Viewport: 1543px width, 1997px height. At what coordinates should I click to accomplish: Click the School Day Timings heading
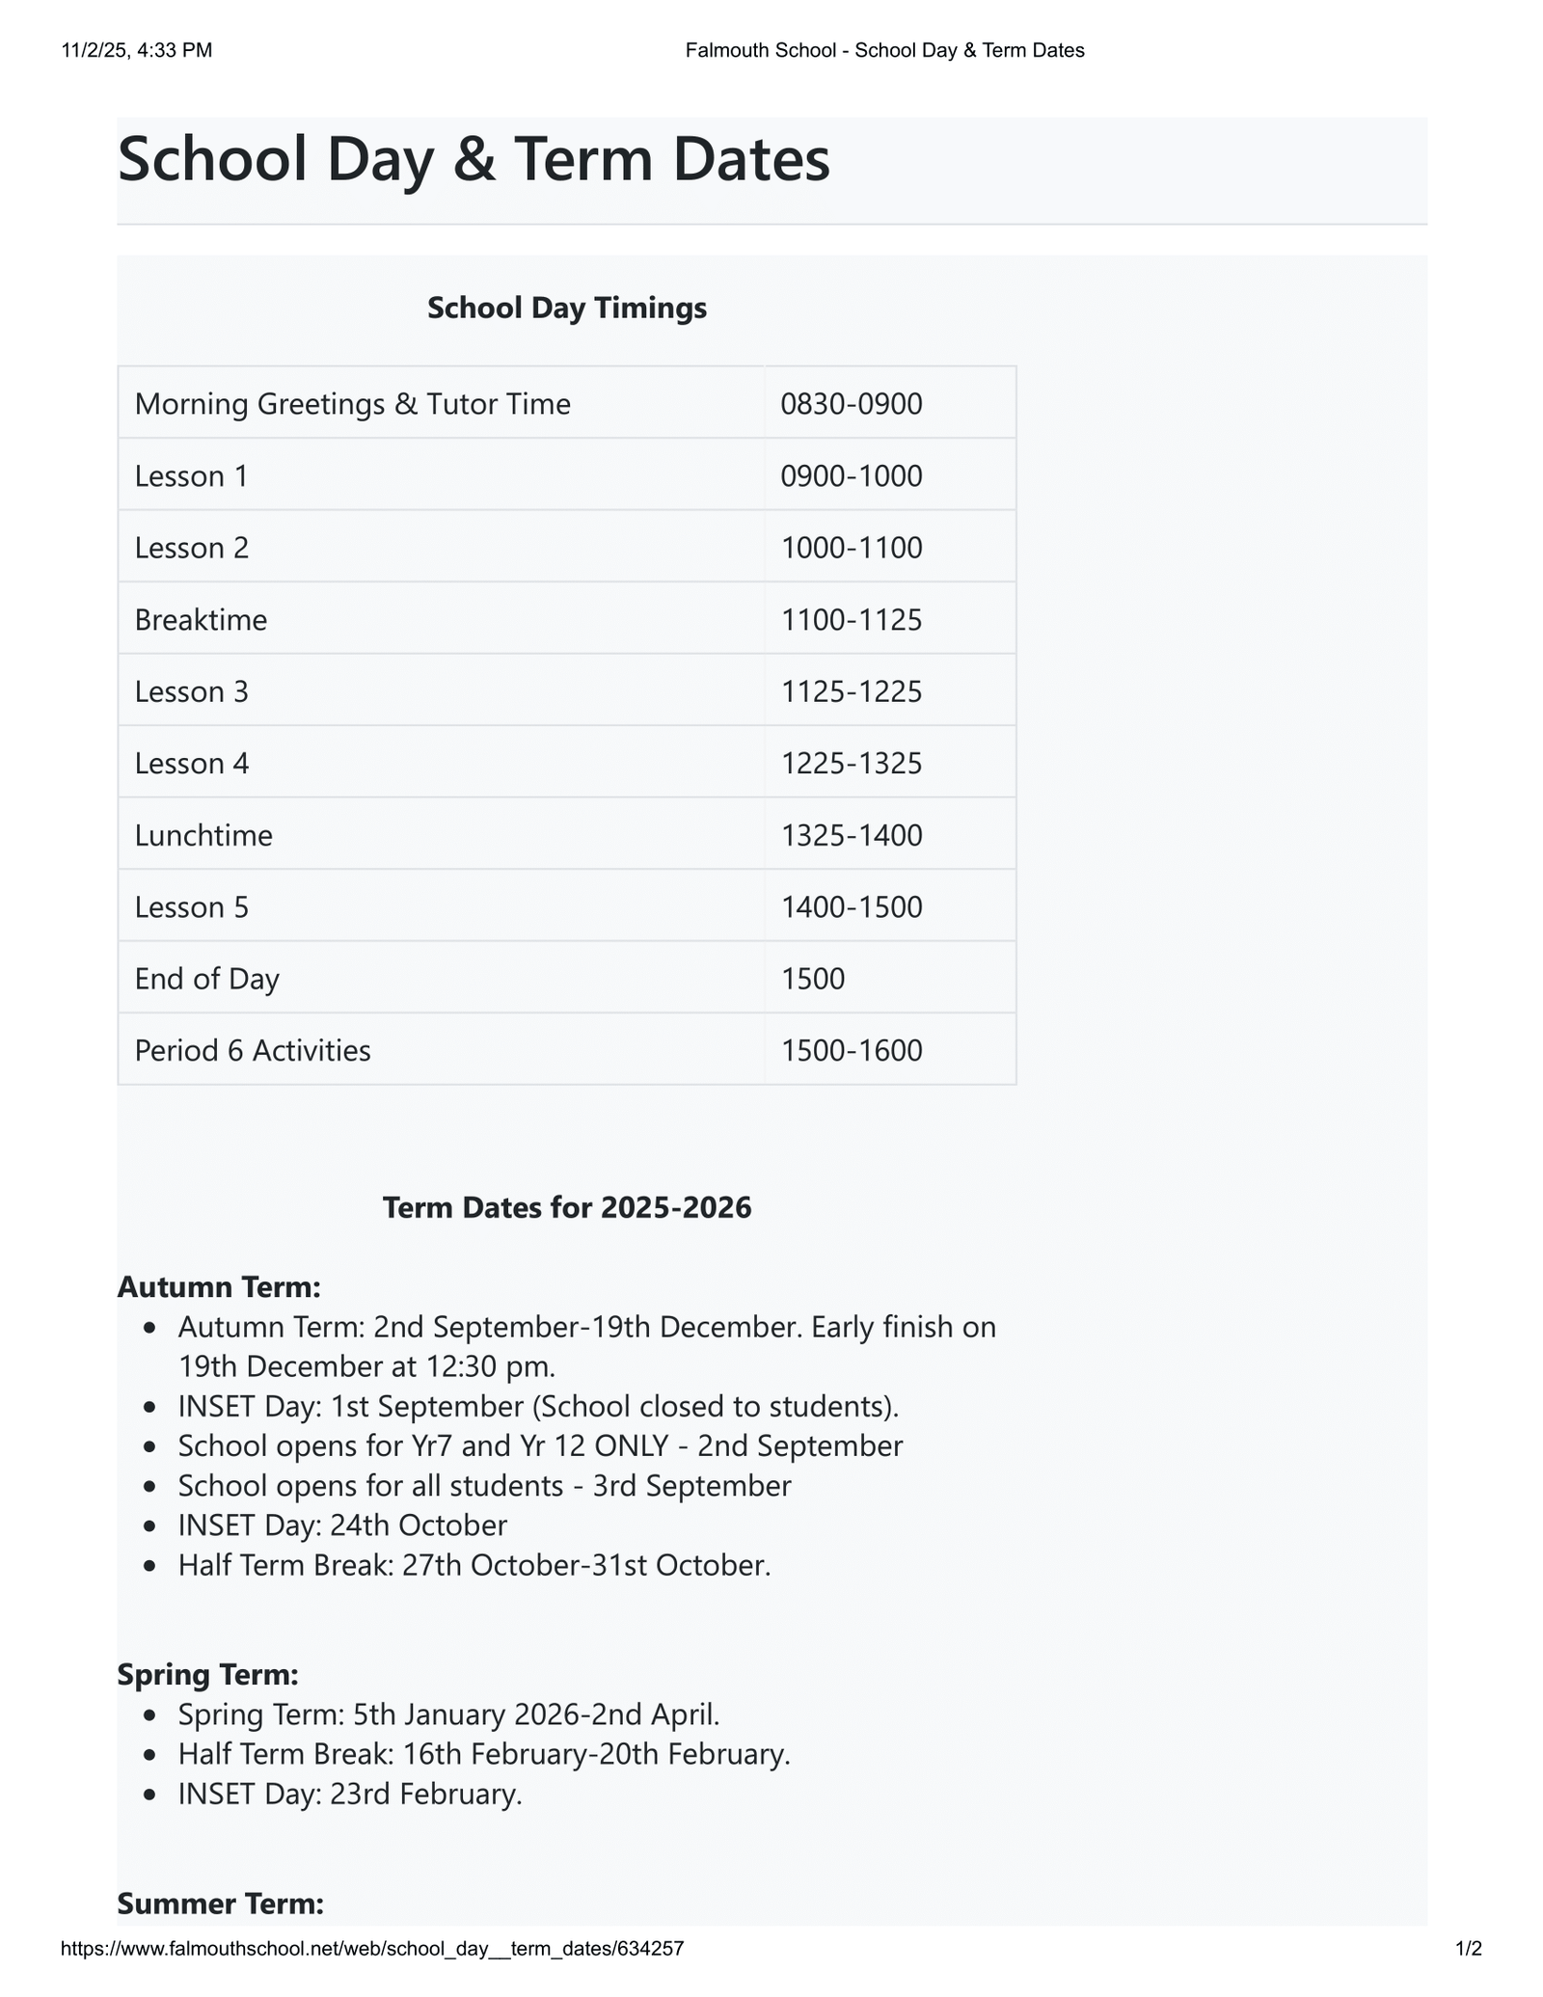click(x=566, y=308)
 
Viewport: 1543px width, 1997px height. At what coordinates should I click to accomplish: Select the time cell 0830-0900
click(x=851, y=403)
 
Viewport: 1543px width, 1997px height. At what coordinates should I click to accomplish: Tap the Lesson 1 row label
click(x=191, y=475)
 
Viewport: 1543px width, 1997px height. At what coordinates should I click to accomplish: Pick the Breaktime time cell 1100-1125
click(x=851, y=619)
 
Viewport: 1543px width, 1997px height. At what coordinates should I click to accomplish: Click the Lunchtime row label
click(x=203, y=834)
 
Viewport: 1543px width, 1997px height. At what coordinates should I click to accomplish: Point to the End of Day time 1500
click(x=812, y=979)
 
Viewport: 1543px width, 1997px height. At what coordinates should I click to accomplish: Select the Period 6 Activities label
click(x=253, y=1050)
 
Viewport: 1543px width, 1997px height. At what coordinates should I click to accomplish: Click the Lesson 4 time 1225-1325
click(x=851, y=763)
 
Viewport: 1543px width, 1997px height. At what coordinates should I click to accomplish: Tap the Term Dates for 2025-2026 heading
click(x=566, y=1207)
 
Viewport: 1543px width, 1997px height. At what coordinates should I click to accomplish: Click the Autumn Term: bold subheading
click(x=218, y=1286)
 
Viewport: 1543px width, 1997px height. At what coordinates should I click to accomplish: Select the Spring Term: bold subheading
click(x=207, y=1675)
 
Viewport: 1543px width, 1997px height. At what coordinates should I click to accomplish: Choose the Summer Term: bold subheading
click(x=220, y=1903)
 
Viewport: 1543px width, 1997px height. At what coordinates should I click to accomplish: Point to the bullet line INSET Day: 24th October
click(x=342, y=1525)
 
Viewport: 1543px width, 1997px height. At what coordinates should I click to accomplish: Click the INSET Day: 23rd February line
click(x=350, y=1794)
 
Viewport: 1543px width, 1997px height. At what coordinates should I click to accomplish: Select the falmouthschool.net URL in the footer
click(x=372, y=1949)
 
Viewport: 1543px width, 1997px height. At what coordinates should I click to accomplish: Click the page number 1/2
click(x=1468, y=1949)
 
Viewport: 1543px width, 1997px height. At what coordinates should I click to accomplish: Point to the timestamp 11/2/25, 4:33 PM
click(x=136, y=50)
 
